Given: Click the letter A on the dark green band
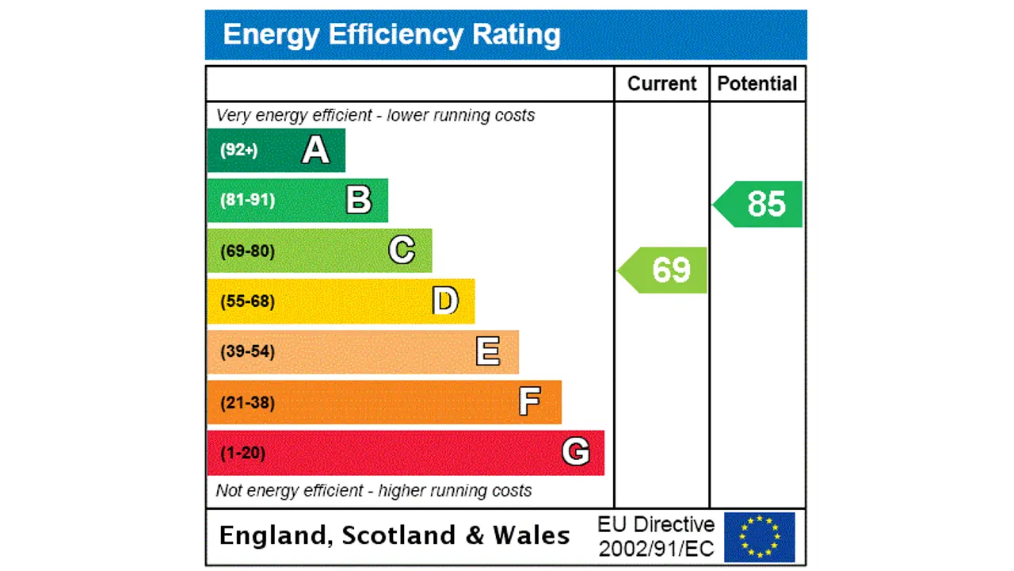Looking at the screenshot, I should (x=315, y=150).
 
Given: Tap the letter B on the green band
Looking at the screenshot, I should (x=359, y=200).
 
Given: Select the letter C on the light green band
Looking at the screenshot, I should (x=402, y=251).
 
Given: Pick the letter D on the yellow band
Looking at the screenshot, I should (x=445, y=301).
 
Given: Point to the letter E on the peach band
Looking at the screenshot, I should (x=488, y=351).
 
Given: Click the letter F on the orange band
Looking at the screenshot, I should (x=530, y=402).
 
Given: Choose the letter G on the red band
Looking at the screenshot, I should (x=576, y=452).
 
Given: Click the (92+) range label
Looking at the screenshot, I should (x=239, y=150).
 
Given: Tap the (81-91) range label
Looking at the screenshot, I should (x=247, y=200).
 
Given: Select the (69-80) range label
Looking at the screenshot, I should (x=247, y=251).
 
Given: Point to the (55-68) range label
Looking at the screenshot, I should (x=247, y=301).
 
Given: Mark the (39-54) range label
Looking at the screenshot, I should (x=247, y=351).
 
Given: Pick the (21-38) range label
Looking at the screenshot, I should (x=247, y=402).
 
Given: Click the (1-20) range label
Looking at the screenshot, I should (x=242, y=453).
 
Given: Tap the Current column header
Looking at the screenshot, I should (x=661, y=84).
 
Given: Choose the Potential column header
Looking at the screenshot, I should (x=757, y=84).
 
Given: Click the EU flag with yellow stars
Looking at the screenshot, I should (x=759, y=537).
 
